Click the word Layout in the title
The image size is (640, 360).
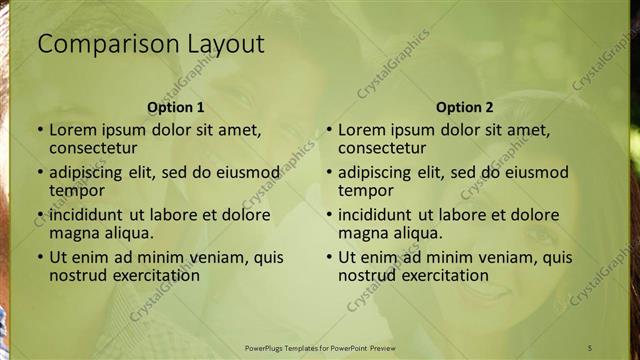coord(226,44)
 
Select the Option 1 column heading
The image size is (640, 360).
coord(176,107)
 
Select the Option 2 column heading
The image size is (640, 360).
coord(465,107)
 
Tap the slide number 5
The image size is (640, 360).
coord(590,347)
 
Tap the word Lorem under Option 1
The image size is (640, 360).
coord(73,129)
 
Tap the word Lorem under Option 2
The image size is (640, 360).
coord(362,129)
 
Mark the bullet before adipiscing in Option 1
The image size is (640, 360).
coord(40,172)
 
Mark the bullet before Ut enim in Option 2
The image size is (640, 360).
coord(329,257)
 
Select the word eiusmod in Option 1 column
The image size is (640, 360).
coord(249,172)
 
